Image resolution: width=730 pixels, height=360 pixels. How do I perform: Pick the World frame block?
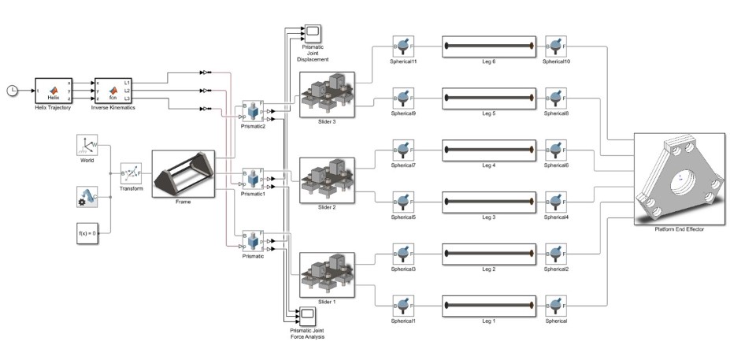point(87,146)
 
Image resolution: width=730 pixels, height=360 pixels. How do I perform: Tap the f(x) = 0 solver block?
point(87,233)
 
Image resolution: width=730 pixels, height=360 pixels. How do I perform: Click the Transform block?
point(131,173)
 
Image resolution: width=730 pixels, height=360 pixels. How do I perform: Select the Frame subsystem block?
point(183,173)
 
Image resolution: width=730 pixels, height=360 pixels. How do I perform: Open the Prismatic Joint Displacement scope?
point(313,33)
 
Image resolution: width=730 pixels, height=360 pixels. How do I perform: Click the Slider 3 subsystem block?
point(327,94)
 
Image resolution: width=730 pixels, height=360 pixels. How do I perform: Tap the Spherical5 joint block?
point(403,202)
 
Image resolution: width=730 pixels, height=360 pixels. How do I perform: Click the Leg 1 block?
point(488,305)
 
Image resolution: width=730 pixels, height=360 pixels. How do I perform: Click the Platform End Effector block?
point(679,180)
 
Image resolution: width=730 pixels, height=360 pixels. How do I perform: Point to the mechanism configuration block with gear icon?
point(87,197)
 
